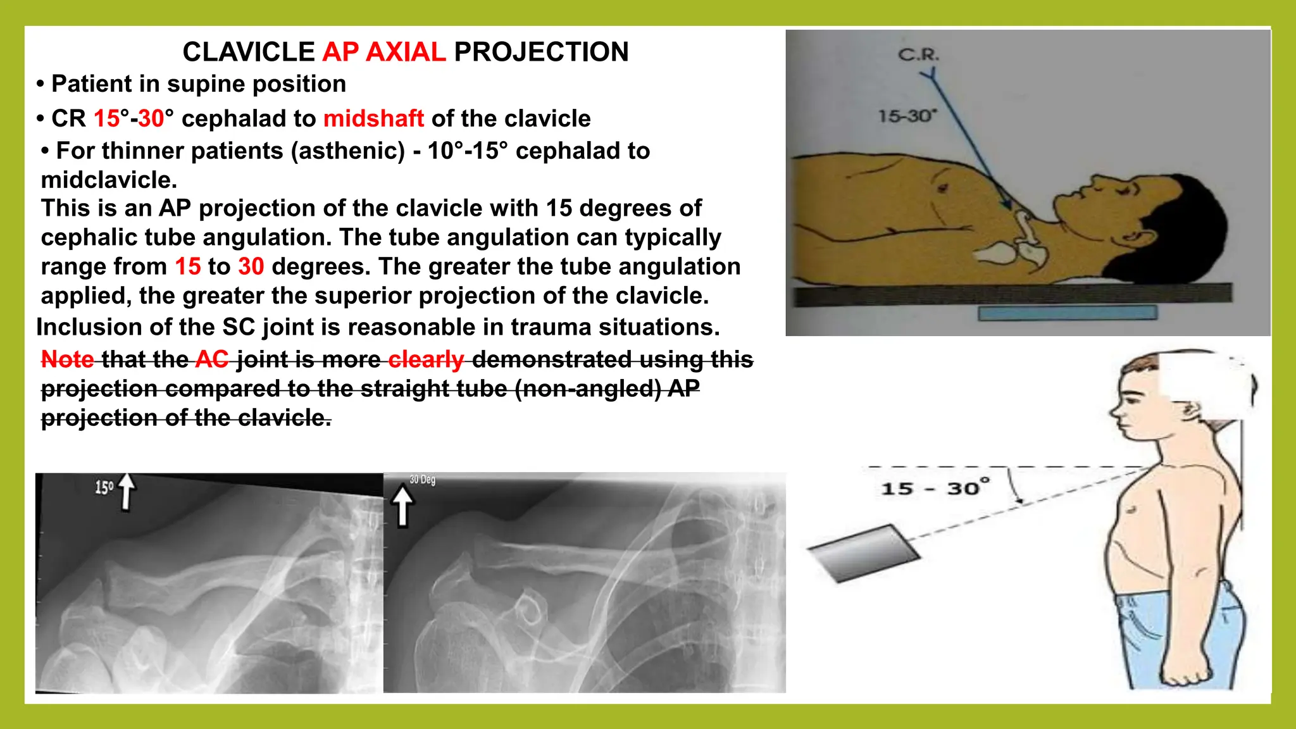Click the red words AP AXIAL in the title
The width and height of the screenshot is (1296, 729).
384,52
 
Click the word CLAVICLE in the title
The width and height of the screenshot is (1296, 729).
249,52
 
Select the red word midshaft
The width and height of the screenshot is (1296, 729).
373,118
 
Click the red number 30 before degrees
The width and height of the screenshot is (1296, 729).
251,266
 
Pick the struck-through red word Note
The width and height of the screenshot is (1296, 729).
67,359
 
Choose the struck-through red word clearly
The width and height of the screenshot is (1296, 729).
426,359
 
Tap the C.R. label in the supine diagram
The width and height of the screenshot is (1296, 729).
919,55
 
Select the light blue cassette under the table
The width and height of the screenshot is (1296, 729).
1067,313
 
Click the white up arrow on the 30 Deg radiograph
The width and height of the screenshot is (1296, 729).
402,506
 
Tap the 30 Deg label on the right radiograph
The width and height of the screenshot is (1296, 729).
422,480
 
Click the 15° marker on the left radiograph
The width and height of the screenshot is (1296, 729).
104,487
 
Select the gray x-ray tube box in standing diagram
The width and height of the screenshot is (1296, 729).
864,552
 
